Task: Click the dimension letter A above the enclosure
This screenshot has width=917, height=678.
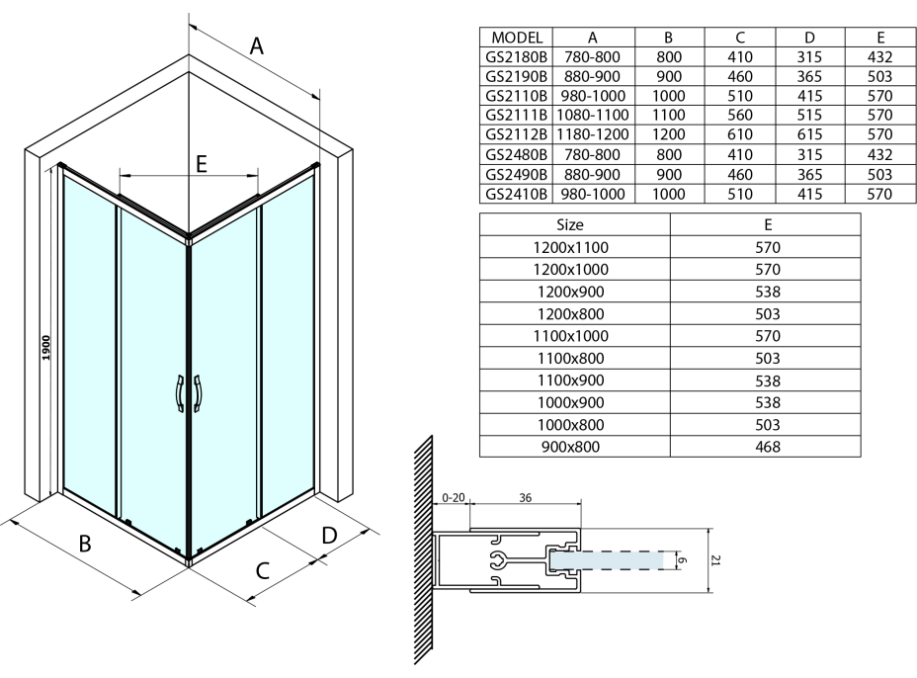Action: pyautogui.click(x=256, y=46)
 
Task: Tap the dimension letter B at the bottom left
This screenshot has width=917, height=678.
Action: pyautogui.click(x=85, y=545)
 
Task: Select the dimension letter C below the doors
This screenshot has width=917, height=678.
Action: pyautogui.click(x=263, y=570)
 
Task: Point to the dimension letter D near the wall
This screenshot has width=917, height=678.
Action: pyautogui.click(x=330, y=535)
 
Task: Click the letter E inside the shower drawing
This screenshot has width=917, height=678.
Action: pyautogui.click(x=201, y=165)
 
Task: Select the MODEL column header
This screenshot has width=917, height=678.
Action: pyautogui.click(x=516, y=37)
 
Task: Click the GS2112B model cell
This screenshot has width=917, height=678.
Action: pyautogui.click(x=516, y=133)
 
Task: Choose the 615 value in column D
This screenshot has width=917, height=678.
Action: pyautogui.click(x=809, y=133)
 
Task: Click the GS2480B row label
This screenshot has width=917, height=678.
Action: pyautogui.click(x=516, y=153)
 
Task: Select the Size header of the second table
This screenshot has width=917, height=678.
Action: pyautogui.click(x=574, y=224)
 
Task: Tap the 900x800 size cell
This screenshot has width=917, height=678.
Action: pyautogui.click(x=574, y=447)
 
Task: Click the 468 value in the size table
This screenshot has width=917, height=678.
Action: pyautogui.click(x=767, y=447)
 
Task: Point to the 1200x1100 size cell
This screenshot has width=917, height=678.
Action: pyautogui.click(x=574, y=246)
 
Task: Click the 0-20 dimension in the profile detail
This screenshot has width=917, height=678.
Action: pyautogui.click(x=452, y=498)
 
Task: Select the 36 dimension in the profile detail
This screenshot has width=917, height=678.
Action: pyautogui.click(x=525, y=498)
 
